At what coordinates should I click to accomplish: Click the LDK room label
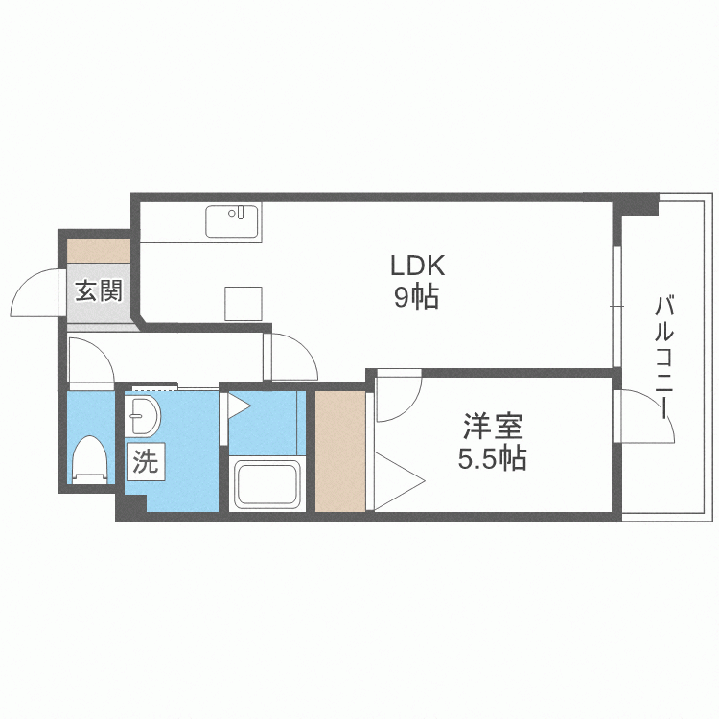pyautogui.click(x=417, y=265)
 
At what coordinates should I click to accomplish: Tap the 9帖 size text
pyautogui.click(x=416, y=296)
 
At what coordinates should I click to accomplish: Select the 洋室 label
pyautogui.click(x=493, y=426)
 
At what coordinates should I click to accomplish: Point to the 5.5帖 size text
pyautogui.click(x=493, y=457)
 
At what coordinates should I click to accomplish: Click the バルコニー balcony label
pyautogui.click(x=663, y=358)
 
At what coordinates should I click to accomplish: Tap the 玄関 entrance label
pyautogui.click(x=99, y=290)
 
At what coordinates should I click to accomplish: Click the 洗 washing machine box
pyautogui.click(x=146, y=462)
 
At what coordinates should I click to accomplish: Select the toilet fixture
pyautogui.click(x=90, y=459)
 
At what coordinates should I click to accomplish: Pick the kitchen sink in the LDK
pyautogui.click(x=233, y=221)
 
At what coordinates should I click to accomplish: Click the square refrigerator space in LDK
pyautogui.click(x=244, y=304)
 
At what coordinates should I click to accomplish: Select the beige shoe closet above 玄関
pyautogui.click(x=99, y=251)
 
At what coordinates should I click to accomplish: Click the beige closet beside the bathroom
pyautogui.click(x=340, y=451)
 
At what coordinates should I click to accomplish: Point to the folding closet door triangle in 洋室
pyautogui.click(x=400, y=481)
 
